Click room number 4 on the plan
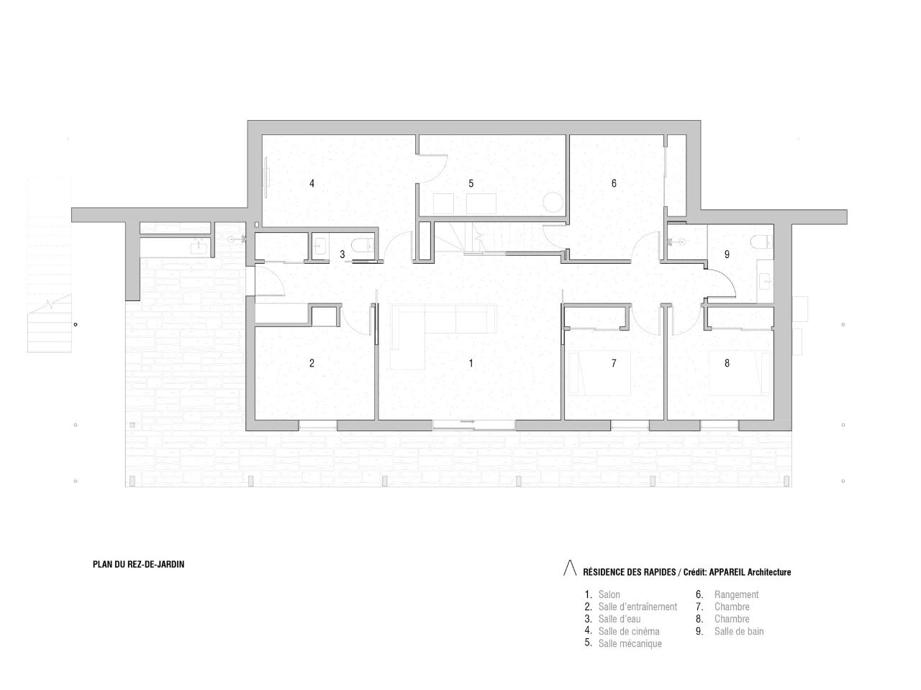click(312, 183)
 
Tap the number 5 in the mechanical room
click(471, 183)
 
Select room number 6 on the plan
click(614, 183)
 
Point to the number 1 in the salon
click(471, 363)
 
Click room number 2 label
click(312, 363)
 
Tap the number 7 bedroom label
click(614, 363)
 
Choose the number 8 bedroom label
click(727, 363)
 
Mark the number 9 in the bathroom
click(727, 254)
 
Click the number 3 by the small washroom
click(342, 254)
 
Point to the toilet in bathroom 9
click(761, 240)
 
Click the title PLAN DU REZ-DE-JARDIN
click(138, 565)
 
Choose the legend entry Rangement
click(736, 594)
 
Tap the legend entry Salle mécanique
click(630, 643)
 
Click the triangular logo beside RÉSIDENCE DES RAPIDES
click(570, 569)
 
